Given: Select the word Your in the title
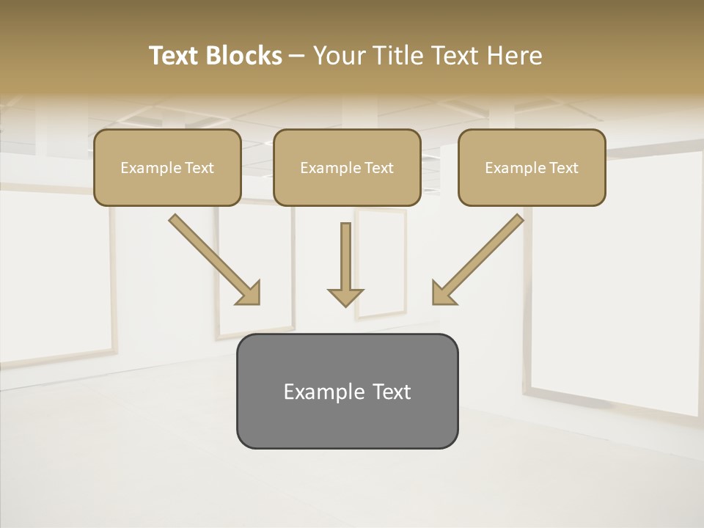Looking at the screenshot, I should pos(338,56).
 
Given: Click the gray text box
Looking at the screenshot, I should pos(347,422).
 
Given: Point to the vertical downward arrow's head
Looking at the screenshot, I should pos(345,296).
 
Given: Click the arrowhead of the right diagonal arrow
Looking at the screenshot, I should pos(443,293).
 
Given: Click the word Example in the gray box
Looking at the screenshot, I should pos(323,392).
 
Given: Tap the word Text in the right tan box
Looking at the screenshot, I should pos(563,168).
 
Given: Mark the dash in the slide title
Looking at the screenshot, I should pos(297,56).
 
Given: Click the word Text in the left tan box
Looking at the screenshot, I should pos(199,168).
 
